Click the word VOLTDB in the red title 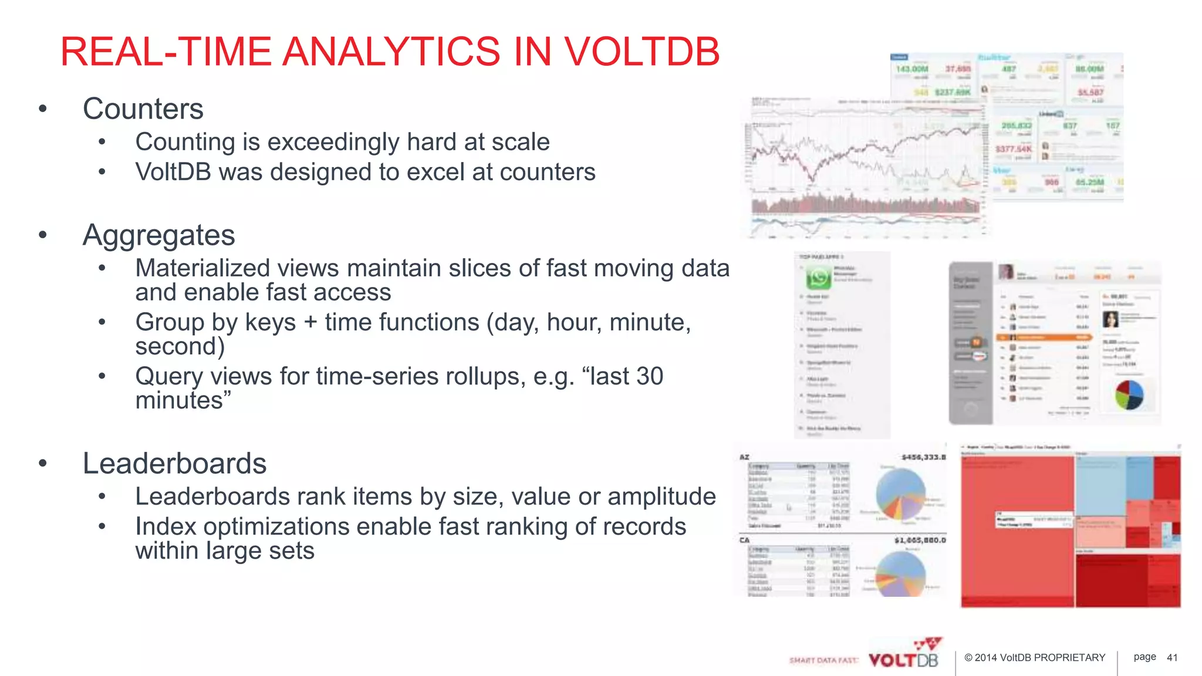[641, 52]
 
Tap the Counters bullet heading [143, 109]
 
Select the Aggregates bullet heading [158, 235]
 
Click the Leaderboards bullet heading [174, 464]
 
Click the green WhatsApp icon [818, 278]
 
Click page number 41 [1172, 658]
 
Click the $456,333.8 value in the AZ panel [924, 457]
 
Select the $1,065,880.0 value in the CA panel [920, 540]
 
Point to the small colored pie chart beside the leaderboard [1129, 395]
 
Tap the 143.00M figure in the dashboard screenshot [911, 69]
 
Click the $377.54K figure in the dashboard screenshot [1014, 149]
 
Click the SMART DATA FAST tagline [823, 661]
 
